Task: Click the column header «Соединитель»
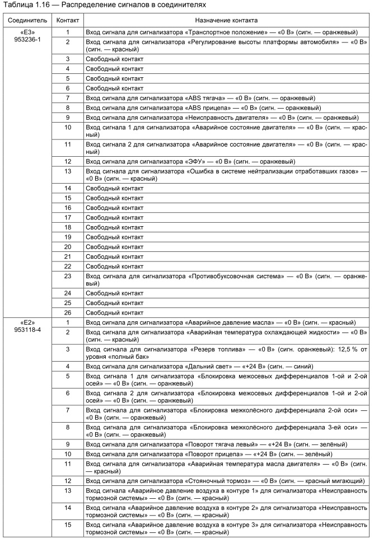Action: point(24,20)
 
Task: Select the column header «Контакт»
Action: point(67,20)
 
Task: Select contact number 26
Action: point(67,312)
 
